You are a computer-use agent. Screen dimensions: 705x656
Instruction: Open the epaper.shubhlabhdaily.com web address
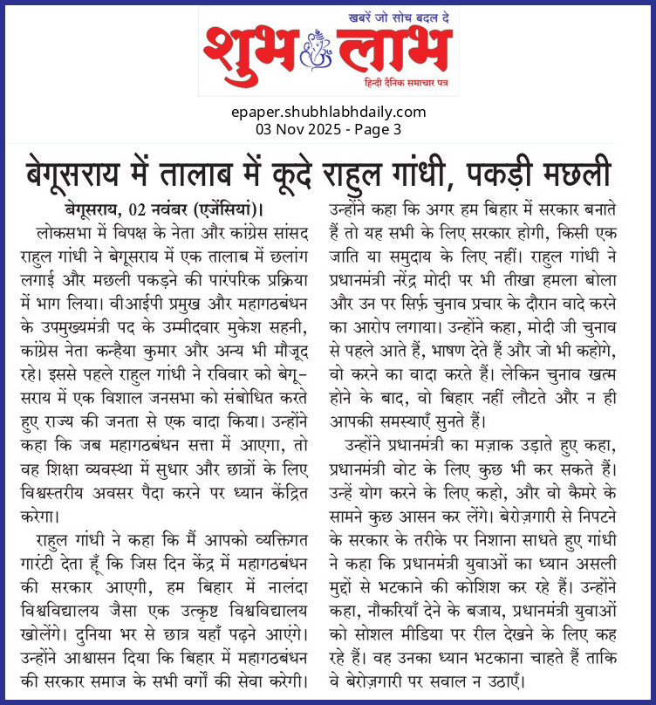[x=329, y=112]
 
